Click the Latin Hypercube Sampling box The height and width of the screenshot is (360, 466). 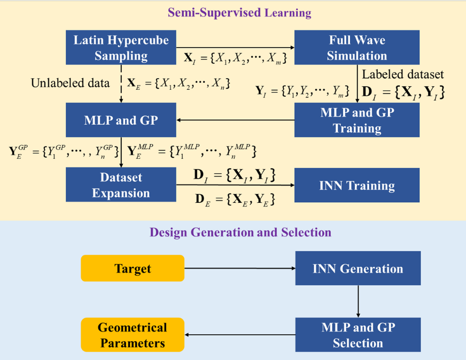pyautogui.click(x=121, y=48)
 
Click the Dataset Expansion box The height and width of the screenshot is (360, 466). pyautogui.click(x=121, y=185)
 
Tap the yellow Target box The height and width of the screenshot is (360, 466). pyautogui.click(x=133, y=268)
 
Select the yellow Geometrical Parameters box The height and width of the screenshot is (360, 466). pyautogui.click(x=133, y=335)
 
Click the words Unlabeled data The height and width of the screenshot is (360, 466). pyautogui.click(x=70, y=83)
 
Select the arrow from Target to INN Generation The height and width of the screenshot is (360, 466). pyautogui.click(x=240, y=268)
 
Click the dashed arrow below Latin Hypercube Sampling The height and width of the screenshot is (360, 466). pyautogui.click(x=122, y=83)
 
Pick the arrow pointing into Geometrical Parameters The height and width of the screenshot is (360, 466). pyautogui.click(x=240, y=335)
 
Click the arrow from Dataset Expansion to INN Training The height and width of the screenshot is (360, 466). pyautogui.click(x=235, y=186)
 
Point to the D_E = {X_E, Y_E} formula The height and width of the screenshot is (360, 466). pyautogui.click(x=235, y=200)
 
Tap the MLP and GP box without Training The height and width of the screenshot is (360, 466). pyautogui.click(x=121, y=120)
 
